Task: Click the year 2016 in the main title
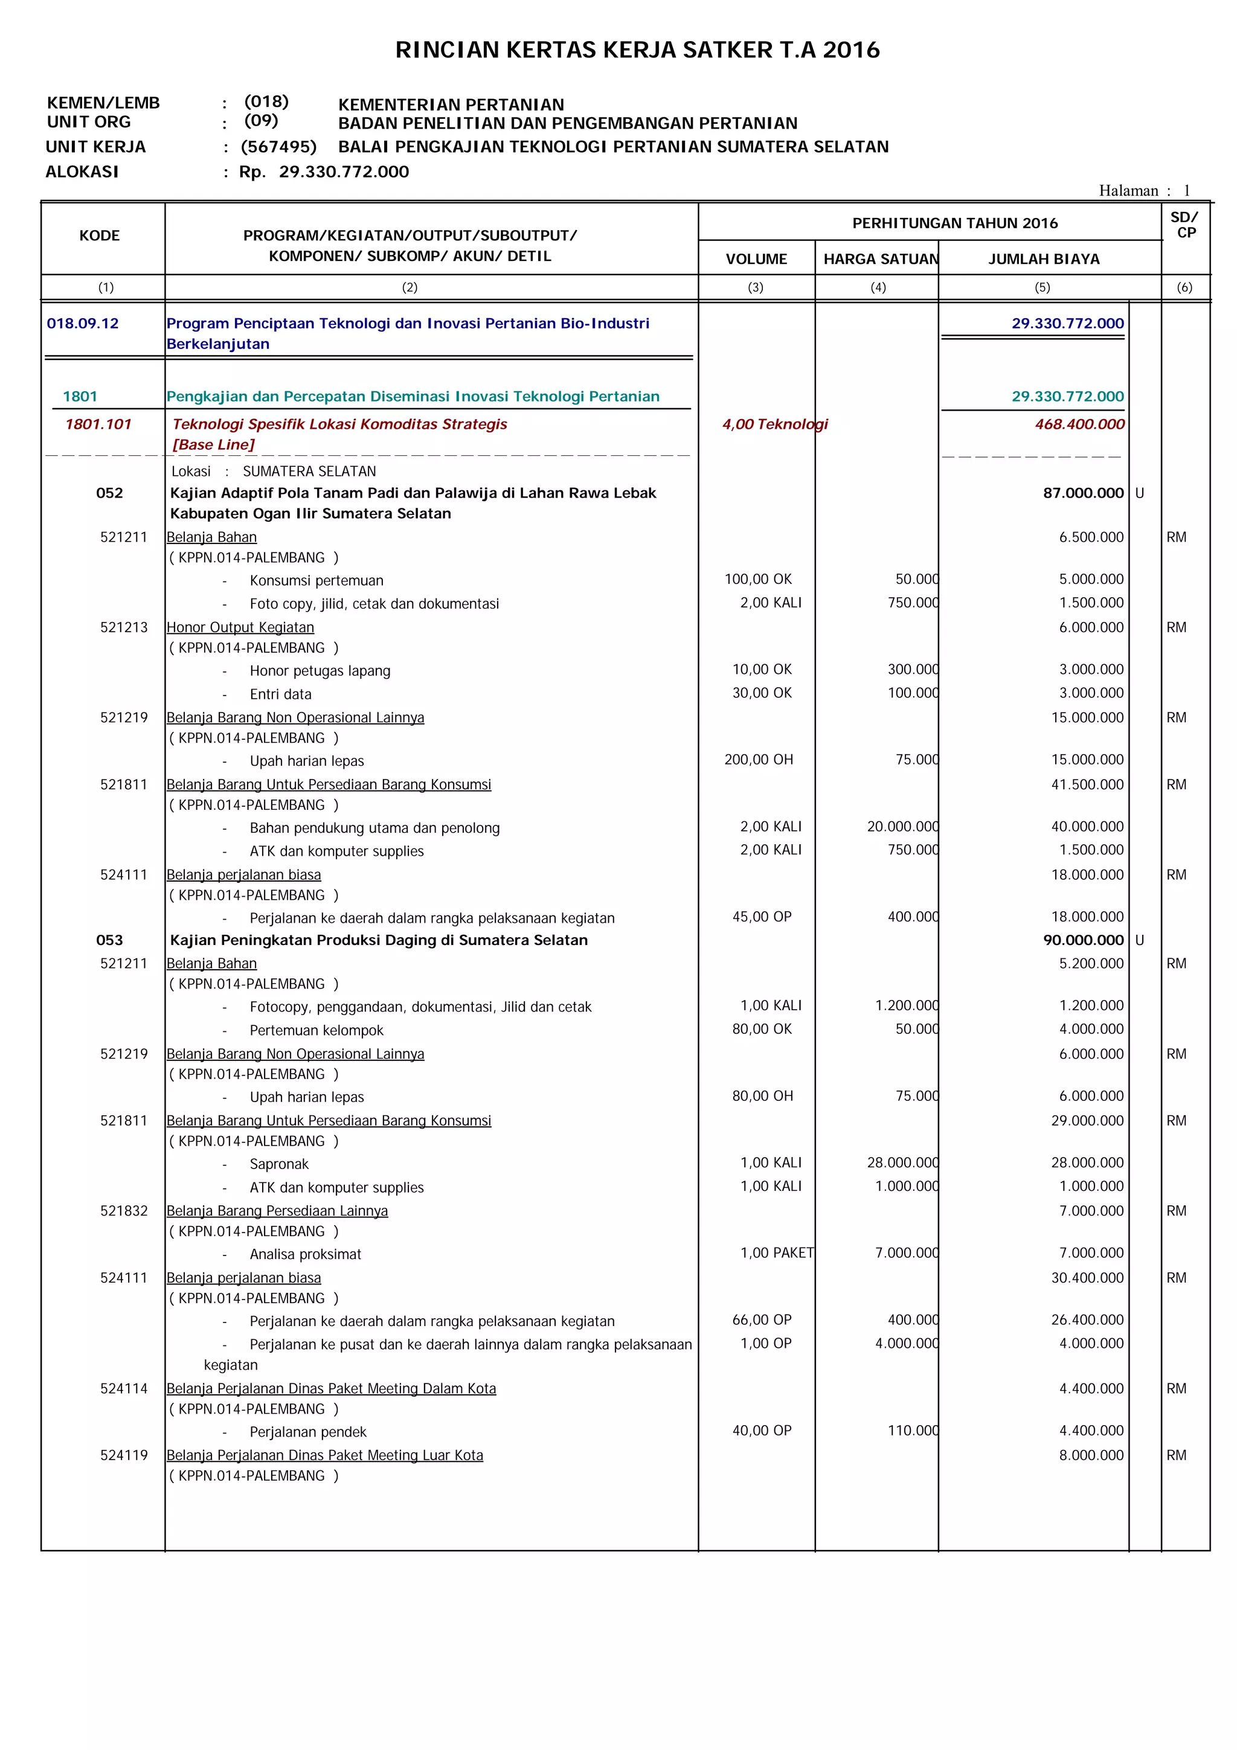(x=850, y=50)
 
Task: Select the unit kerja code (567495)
(x=278, y=147)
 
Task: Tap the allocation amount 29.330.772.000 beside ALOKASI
(x=344, y=172)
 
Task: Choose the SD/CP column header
(x=1184, y=225)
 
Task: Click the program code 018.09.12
(x=82, y=323)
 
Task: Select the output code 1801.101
(x=98, y=425)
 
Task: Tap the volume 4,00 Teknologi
(x=774, y=425)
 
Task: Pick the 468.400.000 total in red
(x=1079, y=425)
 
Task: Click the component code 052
(x=109, y=493)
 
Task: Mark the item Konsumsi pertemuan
(x=316, y=581)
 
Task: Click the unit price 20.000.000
(x=902, y=827)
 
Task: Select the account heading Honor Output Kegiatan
(x=240, y=627)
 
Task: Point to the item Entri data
(x=280, y=694)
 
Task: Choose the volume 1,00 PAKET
(x=777, y=1253)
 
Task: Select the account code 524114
(x=123, y=1389)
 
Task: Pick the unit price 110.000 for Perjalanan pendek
(x=912, y=1431)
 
